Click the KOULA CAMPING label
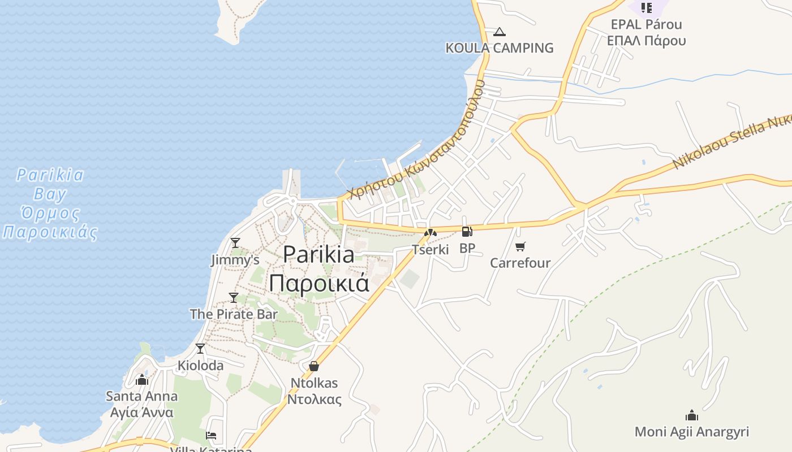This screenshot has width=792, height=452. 500,48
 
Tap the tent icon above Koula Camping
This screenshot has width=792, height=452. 499,32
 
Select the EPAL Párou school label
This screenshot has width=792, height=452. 646,25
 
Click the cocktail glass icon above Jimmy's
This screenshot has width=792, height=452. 235,243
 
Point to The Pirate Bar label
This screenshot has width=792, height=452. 234,314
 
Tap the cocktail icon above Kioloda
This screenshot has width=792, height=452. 200,349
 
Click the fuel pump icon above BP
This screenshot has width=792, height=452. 467,232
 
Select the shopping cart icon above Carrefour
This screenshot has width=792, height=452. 520,246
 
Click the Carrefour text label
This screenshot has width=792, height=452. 520,263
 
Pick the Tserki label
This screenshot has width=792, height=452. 430,249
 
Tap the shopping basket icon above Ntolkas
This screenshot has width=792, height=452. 314,366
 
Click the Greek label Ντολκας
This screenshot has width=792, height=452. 314,399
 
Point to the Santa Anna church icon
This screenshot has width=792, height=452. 142,380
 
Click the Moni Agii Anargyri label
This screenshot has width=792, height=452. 691,432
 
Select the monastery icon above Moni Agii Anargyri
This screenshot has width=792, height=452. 691,416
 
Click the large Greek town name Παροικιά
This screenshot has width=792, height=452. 319,282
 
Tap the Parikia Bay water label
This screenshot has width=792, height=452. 50,194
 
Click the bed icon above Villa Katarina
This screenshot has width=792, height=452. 211,436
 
